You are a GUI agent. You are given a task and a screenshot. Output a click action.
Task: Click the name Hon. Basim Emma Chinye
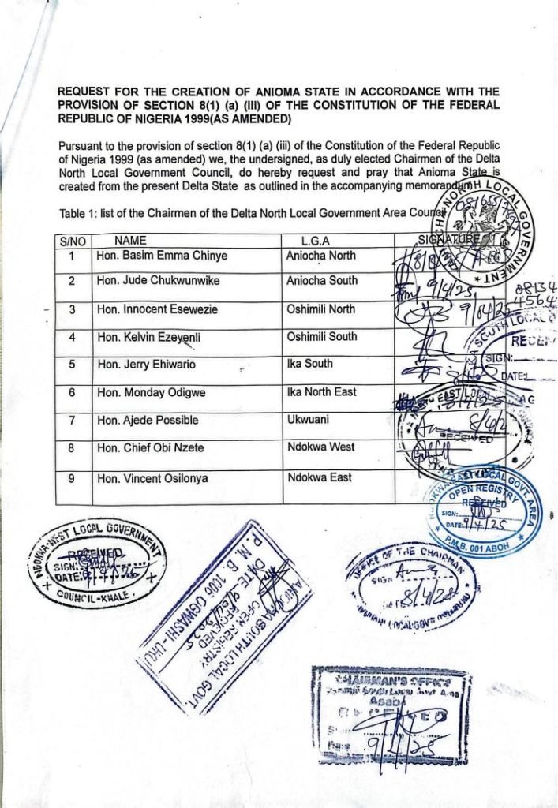(x=161, y=256)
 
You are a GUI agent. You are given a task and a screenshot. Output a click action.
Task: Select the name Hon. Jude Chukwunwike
(x=158, y=281)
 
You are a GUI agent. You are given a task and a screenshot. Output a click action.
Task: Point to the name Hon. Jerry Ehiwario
(x=146, y=365)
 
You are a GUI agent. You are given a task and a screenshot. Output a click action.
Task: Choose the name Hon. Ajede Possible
(x=148, y=421)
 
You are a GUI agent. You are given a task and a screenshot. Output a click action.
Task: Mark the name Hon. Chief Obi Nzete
(x=151, y=448)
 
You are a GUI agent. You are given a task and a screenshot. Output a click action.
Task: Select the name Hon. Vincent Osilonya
(x=155, y=478)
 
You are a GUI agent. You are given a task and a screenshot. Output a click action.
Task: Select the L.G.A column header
(x=315, y=241)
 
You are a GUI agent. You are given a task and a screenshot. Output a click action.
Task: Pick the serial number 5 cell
(x=72, y=365)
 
